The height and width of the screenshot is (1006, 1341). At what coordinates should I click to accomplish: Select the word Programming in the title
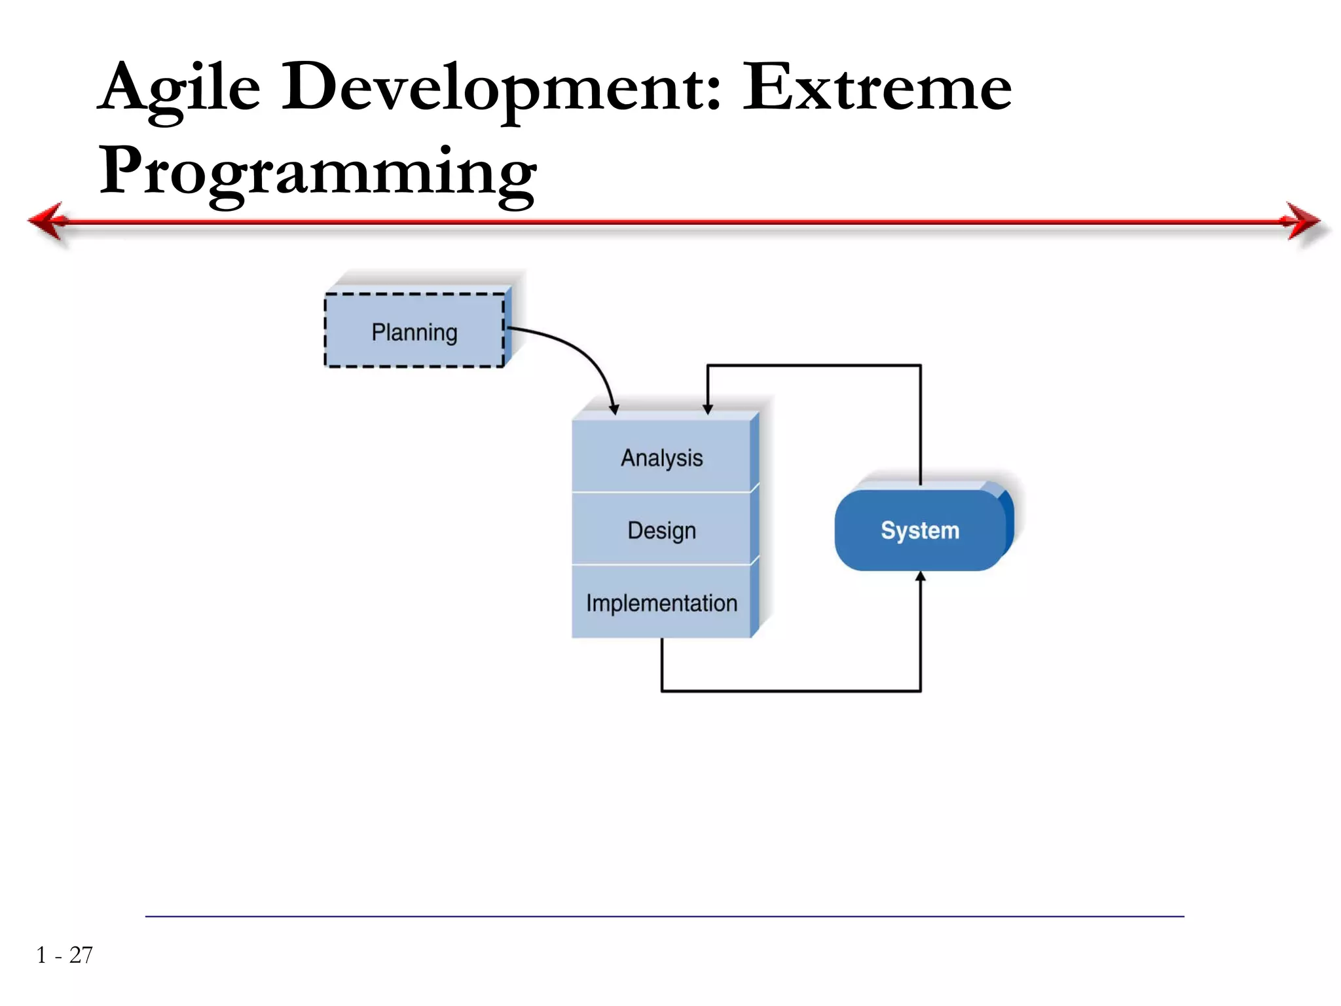pos(318,172)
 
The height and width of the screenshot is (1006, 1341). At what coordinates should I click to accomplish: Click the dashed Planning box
pos(414,331)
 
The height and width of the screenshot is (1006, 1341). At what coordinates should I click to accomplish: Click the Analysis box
pos(661,457)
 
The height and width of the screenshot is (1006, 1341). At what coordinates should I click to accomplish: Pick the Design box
pos(661,529)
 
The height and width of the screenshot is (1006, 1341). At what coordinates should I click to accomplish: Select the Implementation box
pos(661,603)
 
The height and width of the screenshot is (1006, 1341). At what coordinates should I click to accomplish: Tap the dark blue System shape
pos(920,530)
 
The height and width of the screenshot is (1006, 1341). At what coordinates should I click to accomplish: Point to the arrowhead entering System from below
pos(920,577)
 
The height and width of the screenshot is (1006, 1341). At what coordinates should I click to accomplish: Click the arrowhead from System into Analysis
pos(707,409)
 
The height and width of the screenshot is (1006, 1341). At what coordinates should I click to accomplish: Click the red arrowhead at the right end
pos(1303,221)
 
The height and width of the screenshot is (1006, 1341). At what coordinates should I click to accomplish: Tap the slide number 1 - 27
pos(64,955)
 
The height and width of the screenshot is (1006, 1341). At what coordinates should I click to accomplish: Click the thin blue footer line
pos(664,916)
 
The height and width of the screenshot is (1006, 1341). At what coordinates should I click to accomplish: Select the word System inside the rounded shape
pos(920,530)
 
